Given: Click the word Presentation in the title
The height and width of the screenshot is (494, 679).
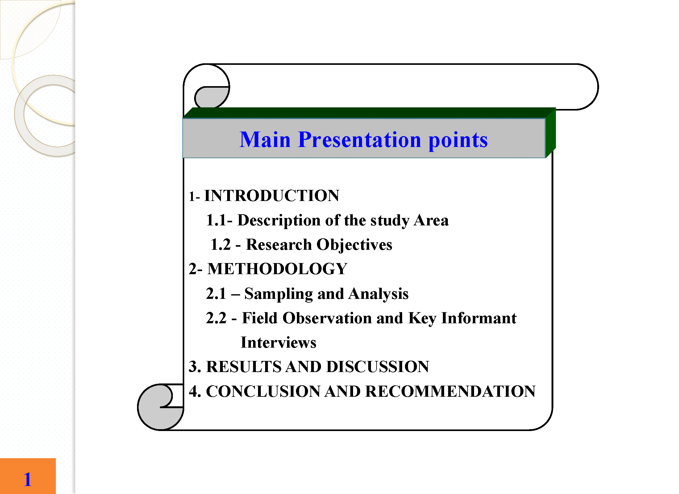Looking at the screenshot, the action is point(360,140).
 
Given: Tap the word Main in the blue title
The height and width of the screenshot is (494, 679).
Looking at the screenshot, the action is point(265,140).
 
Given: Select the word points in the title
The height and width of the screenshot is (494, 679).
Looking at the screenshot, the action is point(458,140).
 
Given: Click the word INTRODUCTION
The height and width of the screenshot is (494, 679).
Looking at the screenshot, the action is point(272,196).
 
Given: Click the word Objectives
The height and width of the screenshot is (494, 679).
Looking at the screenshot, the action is point(354,245).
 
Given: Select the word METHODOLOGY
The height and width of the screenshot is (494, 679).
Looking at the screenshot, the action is point(277,269).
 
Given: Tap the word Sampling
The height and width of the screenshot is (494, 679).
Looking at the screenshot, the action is point(278,294).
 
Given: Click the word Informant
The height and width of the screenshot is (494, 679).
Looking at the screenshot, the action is point(479,318).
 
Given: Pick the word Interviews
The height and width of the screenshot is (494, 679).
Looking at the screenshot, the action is point(278,342).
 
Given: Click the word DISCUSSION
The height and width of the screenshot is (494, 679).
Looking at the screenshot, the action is point(378,367).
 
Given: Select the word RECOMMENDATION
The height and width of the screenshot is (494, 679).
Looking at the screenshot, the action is point(451,391).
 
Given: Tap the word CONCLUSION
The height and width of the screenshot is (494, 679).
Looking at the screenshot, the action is point(263,391).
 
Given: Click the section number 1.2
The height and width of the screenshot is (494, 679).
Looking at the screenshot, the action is point(221,245).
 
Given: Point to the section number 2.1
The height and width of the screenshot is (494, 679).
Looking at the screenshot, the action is point(216,294).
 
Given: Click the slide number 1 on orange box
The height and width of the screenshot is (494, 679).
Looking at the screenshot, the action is point(28,479).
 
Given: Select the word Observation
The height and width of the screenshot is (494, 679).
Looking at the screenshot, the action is point(327,318).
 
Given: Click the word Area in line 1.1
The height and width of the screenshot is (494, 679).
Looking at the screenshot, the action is point(431,220).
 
